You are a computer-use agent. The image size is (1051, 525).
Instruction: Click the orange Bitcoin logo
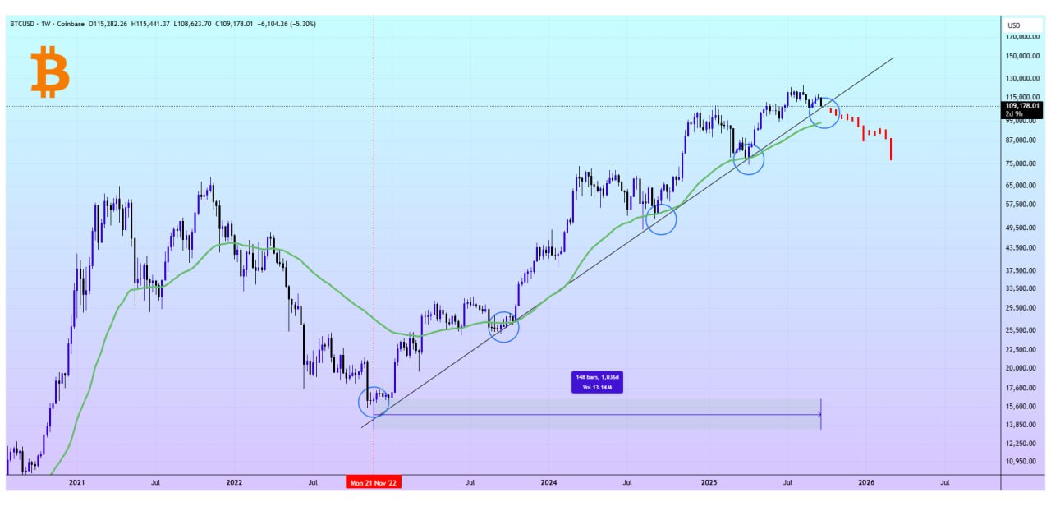coord(49,73)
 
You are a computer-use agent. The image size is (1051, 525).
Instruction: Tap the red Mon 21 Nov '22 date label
coord(374,483)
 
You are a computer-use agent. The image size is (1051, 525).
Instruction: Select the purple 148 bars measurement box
coord(597,382)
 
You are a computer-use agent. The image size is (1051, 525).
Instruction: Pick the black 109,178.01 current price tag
coord(1022,106)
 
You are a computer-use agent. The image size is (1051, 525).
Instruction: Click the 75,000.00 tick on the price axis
coord(1025,163)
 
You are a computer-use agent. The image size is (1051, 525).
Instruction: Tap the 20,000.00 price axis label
coord(1025,369)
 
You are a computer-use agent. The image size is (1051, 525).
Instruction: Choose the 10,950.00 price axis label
coord(1025,462)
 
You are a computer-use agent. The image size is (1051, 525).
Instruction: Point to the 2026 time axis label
coord(865,483)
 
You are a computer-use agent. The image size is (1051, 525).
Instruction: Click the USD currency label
coord(1014,25)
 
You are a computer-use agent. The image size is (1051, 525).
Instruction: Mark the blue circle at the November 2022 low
coord(374,402)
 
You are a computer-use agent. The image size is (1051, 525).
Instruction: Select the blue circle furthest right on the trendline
coord(824,113)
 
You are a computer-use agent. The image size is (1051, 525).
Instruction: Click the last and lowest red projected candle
coord(891,149)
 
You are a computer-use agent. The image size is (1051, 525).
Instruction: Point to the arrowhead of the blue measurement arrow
coord(819,415)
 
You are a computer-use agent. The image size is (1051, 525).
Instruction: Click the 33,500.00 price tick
coord(1025,288)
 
